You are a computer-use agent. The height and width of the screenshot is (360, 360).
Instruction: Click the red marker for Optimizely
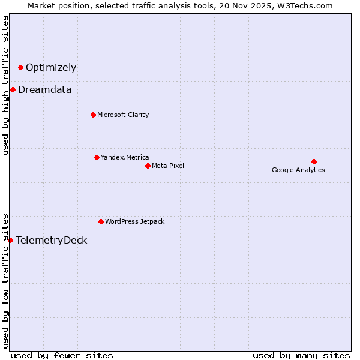pos(20,67)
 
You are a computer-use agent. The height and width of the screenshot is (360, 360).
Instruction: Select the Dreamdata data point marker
pos(13,89)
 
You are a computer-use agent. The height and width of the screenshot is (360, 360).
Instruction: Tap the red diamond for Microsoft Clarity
pos(93,115)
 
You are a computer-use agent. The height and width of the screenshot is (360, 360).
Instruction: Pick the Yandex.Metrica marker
pos(97,157)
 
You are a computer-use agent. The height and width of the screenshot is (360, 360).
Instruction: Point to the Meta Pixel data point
pos(148,166)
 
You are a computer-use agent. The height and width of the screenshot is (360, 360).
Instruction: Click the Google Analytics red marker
pos(314,161)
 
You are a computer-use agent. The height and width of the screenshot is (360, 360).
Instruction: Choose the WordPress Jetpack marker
pos(101,221)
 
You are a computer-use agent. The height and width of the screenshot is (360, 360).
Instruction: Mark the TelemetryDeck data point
pos(10,240)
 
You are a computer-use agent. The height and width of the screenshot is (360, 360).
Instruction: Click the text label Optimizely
pos(51,67)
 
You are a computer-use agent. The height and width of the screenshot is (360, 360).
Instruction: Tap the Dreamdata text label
pos(45,89)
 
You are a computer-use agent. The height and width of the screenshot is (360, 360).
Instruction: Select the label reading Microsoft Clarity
pos(123,115)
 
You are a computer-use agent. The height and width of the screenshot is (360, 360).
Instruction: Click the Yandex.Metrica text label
pos(125,157)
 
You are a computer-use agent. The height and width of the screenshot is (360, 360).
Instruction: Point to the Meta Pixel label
pos(168,166)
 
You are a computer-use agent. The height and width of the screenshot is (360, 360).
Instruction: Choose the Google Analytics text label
pos(298,170)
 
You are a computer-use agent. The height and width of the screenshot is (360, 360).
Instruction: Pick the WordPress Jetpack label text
pos(134,221)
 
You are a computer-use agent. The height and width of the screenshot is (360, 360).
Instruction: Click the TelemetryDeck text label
pos(52,240)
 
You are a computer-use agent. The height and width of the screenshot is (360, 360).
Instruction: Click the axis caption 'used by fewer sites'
pos(62,355)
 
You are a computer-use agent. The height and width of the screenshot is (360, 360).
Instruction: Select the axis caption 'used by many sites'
pos(301,355)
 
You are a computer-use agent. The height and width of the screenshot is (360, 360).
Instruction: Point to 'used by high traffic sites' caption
pos(5,85)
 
